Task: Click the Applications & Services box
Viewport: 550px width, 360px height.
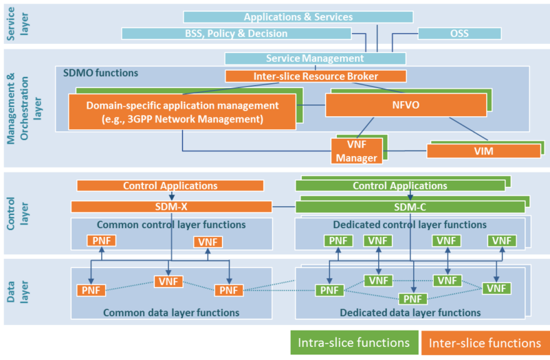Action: (x=298, y=16)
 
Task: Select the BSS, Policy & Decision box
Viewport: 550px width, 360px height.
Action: (x=236, y=33)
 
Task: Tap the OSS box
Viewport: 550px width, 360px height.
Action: (x=459, y=33)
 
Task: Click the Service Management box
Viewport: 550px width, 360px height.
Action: (x=315, y=58)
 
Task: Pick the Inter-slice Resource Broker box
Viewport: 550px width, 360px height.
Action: (x=316, y=76)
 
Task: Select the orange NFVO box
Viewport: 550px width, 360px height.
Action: (x=372, y=105)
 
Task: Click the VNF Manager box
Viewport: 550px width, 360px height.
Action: (x=356, y=150)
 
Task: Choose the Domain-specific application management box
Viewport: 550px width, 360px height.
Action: (x=182, y=111)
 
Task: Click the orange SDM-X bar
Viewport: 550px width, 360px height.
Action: (x=171, y=206)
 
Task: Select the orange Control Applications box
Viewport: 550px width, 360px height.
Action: (x=170, y=185)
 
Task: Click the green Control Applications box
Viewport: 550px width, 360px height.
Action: (x=399, y=185)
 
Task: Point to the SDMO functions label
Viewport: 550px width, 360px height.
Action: (x=100, y=73)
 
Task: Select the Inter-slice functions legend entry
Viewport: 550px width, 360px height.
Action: (x=485, y=342)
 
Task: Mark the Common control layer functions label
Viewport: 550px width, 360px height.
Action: (x=171, y=225)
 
